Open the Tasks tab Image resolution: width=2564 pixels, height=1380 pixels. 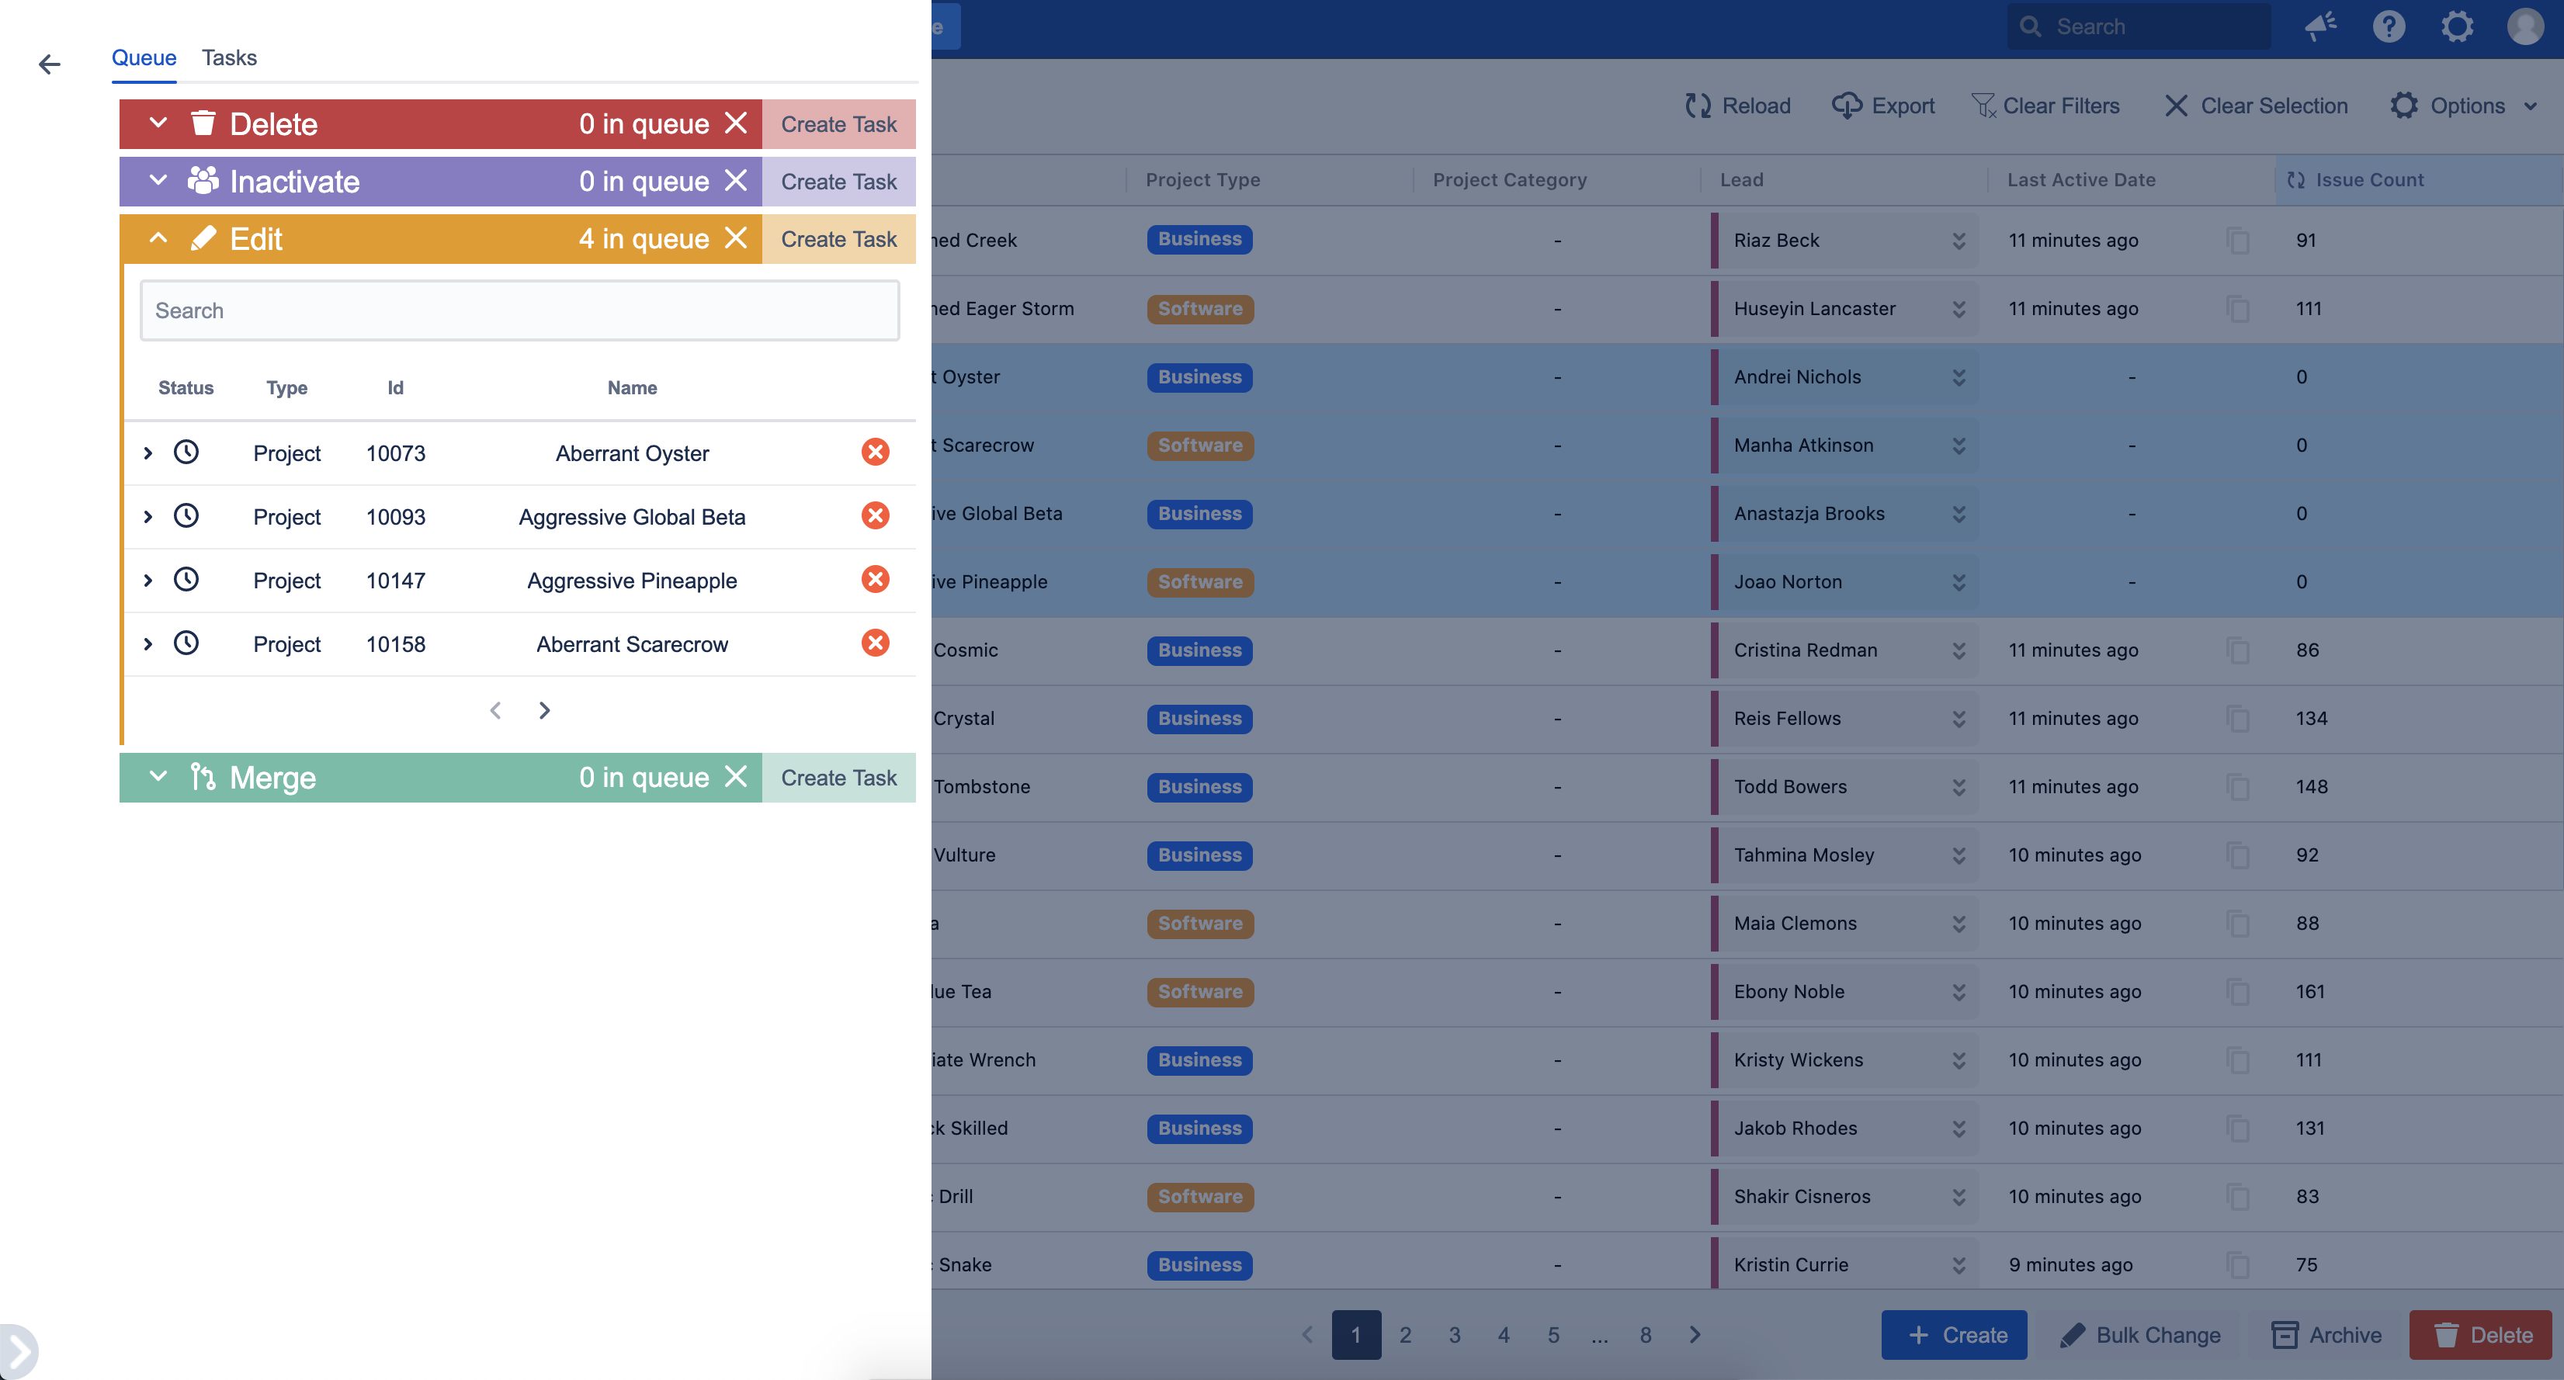229,57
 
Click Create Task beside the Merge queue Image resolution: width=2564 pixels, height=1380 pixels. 838,778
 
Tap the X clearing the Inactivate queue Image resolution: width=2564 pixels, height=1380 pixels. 736,181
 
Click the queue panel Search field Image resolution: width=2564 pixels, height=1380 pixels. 519,310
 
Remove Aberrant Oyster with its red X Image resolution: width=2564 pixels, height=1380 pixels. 875,452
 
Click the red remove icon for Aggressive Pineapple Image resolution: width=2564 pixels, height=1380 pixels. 875,580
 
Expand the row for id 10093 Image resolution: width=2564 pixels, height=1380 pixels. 148,516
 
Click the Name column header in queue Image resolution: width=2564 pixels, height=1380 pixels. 632,388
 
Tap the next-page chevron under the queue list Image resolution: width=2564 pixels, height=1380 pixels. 544,710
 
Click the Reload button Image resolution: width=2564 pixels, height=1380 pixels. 1738,106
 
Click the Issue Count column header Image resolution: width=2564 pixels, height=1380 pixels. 2369,180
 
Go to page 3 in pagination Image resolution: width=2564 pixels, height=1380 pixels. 1454,1335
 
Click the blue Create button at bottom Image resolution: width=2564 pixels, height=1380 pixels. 1954,1335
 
